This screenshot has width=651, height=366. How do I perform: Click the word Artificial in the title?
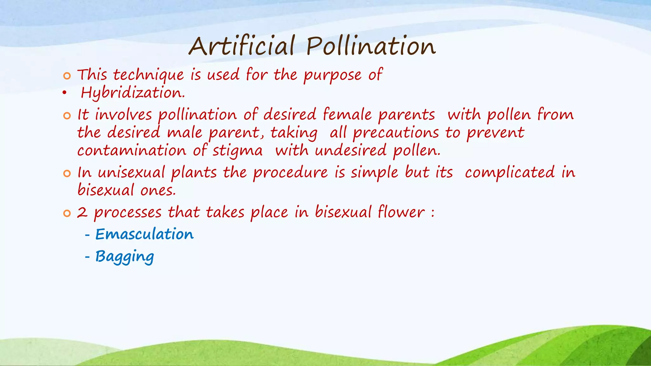(x=242, y=46)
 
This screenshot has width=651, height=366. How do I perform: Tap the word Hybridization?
(x=133, y=93)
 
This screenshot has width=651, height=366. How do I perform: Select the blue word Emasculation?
(x=144, y=234)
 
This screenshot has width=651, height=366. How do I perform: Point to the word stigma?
(x=237, y=151)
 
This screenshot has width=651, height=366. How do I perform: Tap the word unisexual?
(x=131, y=173)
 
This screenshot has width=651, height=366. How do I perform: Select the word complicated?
(x=510, y=173)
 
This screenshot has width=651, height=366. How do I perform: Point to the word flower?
(x=401, y=212)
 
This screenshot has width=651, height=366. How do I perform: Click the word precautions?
(x=396, y=133)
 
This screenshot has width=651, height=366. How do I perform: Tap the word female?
(x=347, y=115)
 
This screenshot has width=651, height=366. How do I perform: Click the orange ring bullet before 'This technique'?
(x=67, y=76)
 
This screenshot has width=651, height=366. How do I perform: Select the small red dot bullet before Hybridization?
(x=65, y=93)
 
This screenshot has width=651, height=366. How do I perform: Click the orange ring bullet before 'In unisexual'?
(x=67, y=173)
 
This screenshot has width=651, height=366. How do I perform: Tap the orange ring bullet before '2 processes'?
(x=67, y=213)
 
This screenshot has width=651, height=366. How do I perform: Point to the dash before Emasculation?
(x=87, y=235)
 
